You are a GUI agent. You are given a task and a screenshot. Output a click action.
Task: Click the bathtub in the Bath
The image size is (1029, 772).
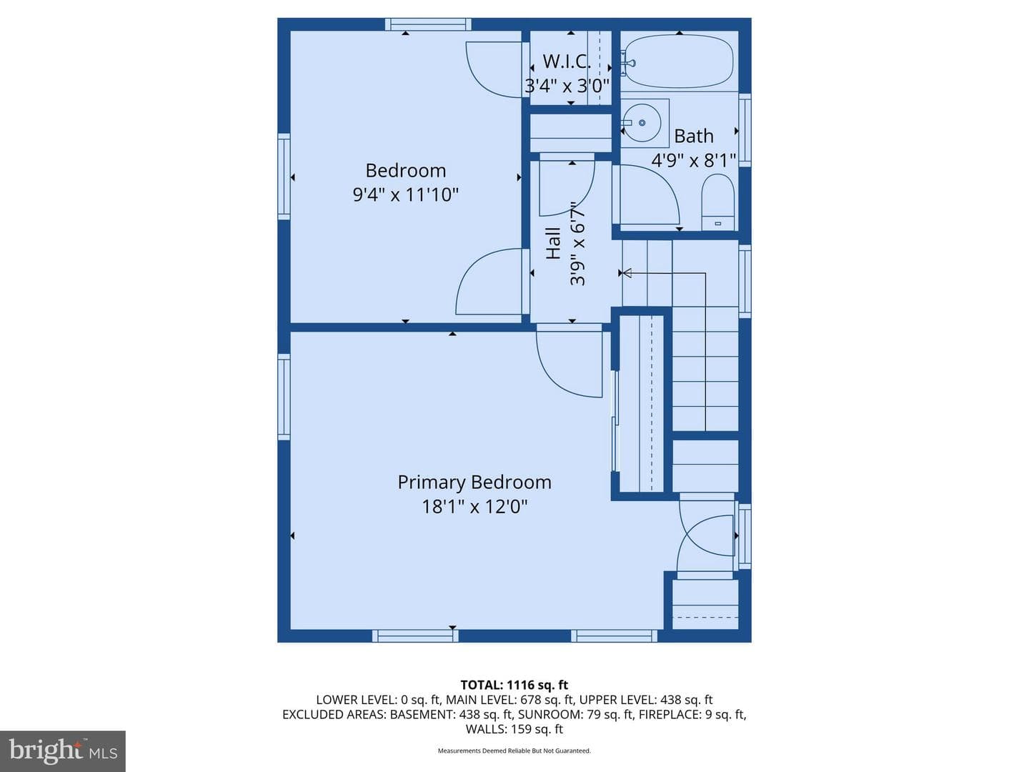coord(679,61)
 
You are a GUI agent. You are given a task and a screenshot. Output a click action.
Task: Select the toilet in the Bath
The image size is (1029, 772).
coord(717,202)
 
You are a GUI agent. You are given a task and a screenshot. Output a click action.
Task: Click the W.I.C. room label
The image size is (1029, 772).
coord(566,61)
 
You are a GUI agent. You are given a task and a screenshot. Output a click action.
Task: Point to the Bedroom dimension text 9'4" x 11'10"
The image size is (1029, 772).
coord(405,194)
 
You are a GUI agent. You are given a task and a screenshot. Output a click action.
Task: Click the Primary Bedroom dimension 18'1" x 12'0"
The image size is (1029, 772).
coord(475,506)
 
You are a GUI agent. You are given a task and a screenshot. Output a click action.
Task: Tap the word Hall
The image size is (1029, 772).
coord(554,243)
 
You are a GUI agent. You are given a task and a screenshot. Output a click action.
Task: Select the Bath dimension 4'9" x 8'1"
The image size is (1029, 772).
coord(694,160)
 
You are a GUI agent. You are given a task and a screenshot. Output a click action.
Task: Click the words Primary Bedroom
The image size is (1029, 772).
coord(474,482)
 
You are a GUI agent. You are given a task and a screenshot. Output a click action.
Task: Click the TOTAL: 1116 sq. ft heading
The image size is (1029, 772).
coord(514,685)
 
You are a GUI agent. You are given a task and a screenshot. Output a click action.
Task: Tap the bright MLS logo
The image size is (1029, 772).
coord(63,751)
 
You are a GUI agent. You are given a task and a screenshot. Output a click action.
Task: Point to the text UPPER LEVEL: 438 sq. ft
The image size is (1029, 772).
coord(646,700)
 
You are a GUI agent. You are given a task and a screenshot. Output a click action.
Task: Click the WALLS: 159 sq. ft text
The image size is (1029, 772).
coord(514,729)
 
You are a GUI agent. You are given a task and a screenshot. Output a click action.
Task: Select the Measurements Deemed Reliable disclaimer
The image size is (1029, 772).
coord(514,751)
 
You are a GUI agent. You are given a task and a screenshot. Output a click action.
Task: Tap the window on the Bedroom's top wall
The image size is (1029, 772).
coord(429,24)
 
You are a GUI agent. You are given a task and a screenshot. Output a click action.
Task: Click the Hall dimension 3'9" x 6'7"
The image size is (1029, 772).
coord(577,243)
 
